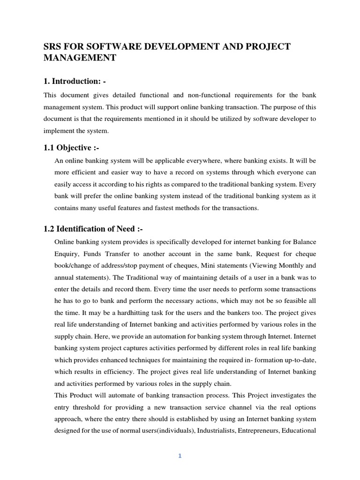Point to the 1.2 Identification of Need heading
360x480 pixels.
[x=93, y=229]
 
